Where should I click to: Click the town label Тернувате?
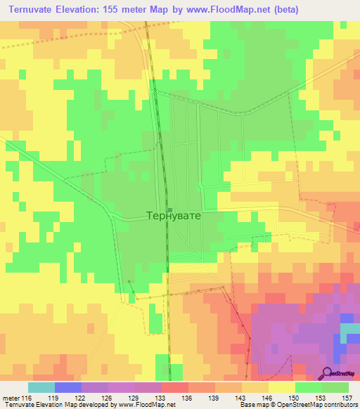pyautogui.click(x=173, y=216)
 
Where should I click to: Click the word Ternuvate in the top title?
pyautogui.click(x=31, y=10)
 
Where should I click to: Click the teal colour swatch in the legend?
pyautogui.click(x=41, y=387)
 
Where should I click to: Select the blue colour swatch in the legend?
pyautogui.click(x=67, y=387)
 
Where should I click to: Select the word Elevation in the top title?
pyautogui.click(x=83, y=10)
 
